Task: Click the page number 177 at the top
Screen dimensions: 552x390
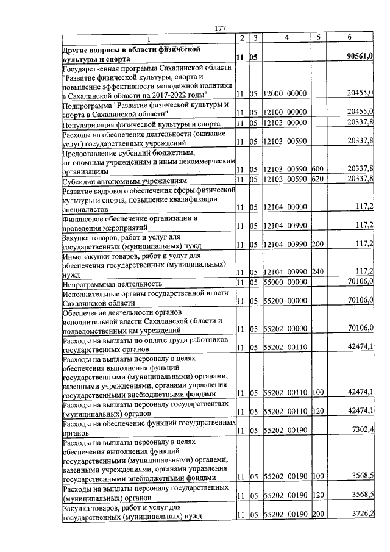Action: pyautogui.click(x=221, y=27)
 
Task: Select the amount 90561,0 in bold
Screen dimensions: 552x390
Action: pyautogui.click(x=359, y=57)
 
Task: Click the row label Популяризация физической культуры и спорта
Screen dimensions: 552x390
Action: pyautogui.click(x=133, y=125)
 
